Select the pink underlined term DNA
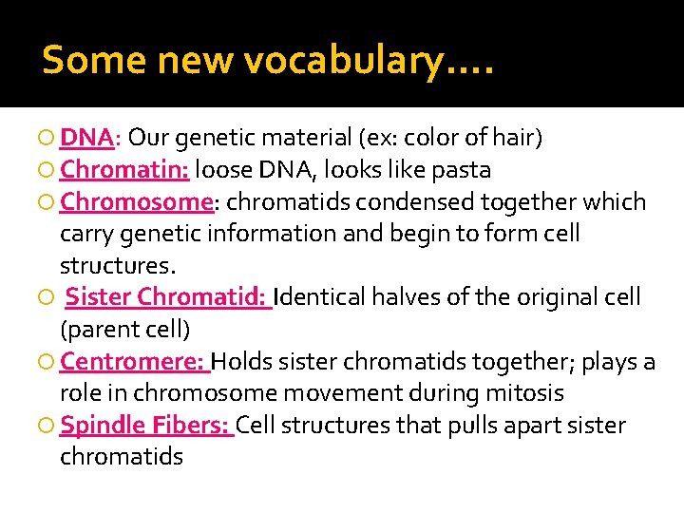(86, 139)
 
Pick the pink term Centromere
(133, 362)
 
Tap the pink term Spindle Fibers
(144, 425)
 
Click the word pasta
(461, 171)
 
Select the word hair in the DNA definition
(514, 139)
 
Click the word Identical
(320, 297)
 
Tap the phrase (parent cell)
(124, 330)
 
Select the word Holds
(244, 362)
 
